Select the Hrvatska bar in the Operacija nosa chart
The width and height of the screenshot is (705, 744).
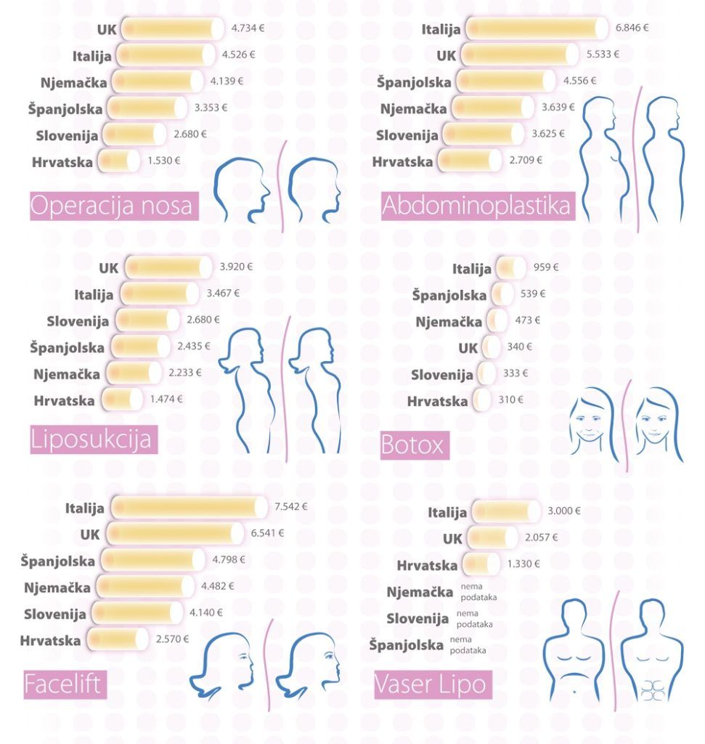[x=118, y=161]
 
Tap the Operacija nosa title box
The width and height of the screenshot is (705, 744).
[x=113, y=206]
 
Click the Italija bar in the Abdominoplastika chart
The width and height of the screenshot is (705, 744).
[x=536, y=29]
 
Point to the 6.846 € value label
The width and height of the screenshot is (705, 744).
[x=632, y=28]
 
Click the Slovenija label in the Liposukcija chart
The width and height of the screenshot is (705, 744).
[x=78, y=320]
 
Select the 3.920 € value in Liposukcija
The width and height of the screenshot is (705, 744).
[x=237, y=267]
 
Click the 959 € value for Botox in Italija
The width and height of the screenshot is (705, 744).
[x=546, y=267]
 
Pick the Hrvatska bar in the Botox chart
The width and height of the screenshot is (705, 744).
[x=481, y=400]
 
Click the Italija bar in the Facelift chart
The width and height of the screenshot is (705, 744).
[x=189, y=507]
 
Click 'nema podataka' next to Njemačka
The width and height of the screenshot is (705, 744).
[x=475, y=593]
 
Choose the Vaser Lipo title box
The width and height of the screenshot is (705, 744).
[x=430, y=684]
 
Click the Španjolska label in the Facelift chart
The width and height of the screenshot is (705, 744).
[x=57, y=561]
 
